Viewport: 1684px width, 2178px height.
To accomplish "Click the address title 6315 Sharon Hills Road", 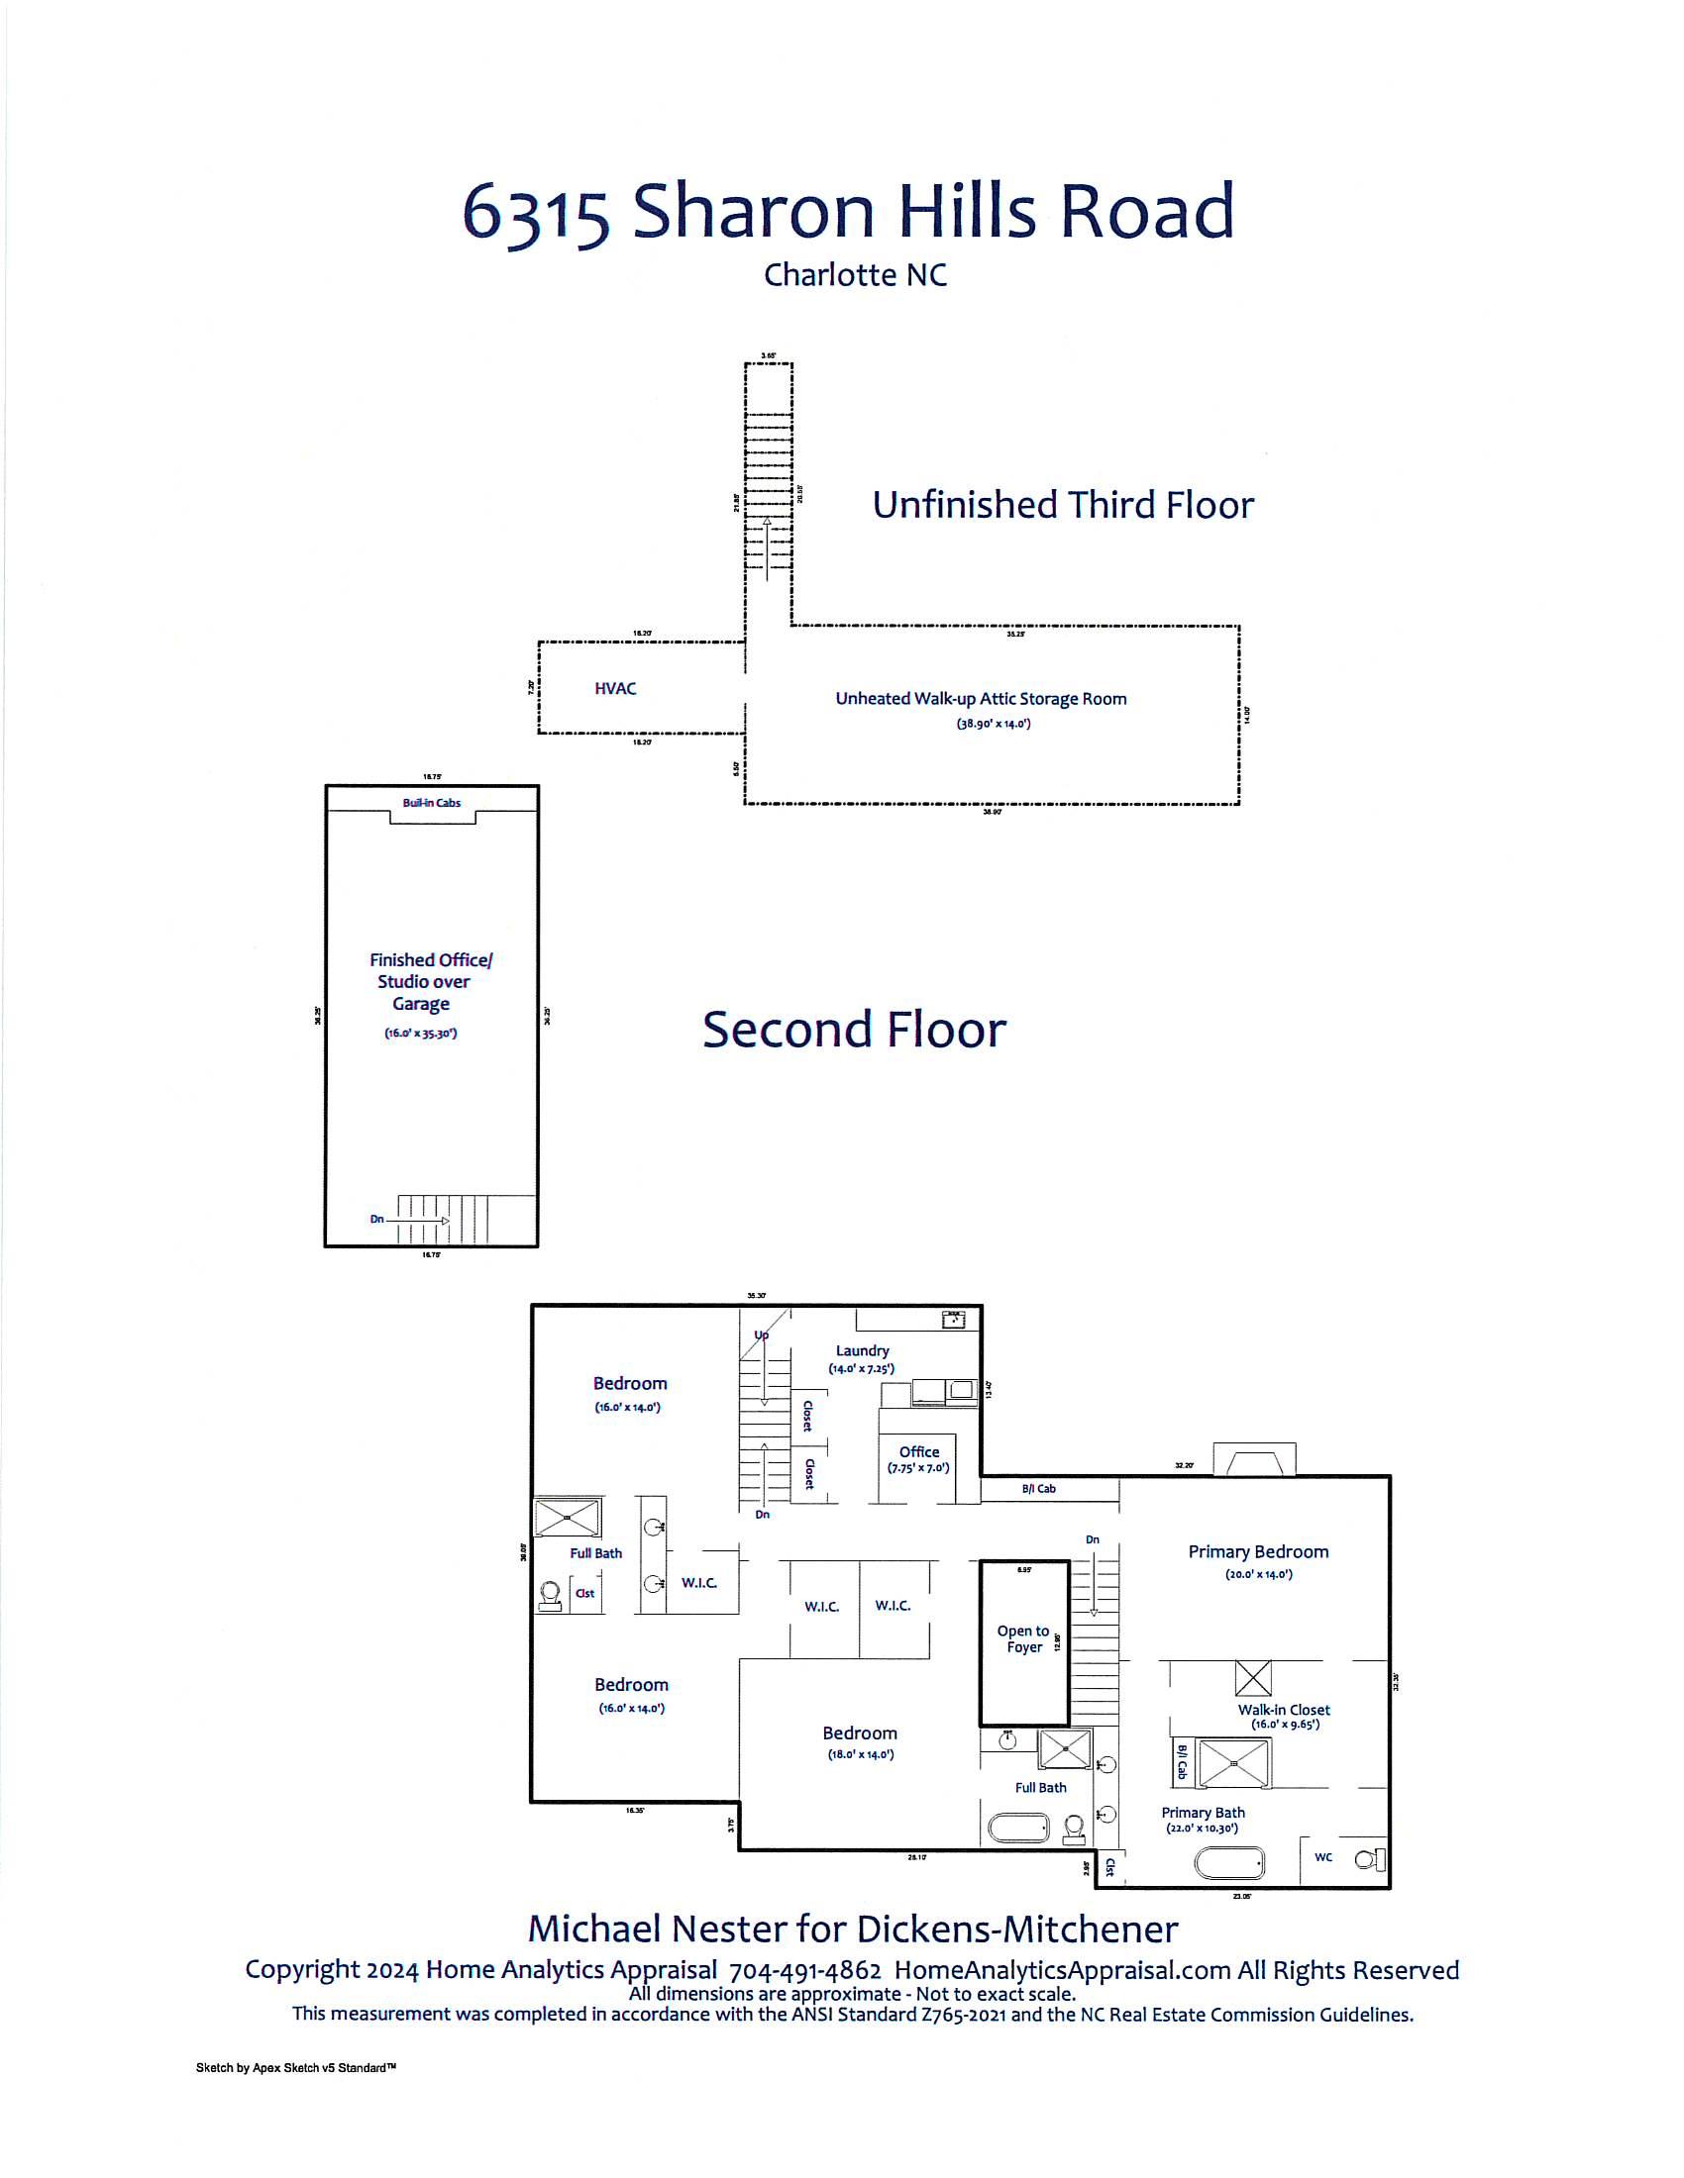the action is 848,211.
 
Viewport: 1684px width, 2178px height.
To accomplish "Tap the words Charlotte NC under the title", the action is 855,275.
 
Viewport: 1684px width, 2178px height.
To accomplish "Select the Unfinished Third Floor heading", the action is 1063,505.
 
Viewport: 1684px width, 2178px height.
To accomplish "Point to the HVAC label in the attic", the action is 614,688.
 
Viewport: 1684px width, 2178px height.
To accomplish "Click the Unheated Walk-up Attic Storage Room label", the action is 981,699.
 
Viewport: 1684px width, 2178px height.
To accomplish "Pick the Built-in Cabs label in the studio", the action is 432,803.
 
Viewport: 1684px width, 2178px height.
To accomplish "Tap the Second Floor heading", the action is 854,1030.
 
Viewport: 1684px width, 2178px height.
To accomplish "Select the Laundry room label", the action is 862,1350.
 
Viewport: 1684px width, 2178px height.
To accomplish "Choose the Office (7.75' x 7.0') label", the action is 919,1459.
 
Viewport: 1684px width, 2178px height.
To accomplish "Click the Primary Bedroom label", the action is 1258,1551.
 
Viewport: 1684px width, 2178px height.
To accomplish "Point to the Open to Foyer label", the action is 1023,1638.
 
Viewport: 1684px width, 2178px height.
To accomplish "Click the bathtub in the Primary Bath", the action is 1230,1862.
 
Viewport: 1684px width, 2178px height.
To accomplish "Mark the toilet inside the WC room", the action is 1369,1859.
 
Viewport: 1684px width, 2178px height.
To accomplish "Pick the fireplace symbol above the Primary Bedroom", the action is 1254,1461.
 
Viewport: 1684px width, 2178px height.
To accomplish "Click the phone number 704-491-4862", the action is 805,1970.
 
